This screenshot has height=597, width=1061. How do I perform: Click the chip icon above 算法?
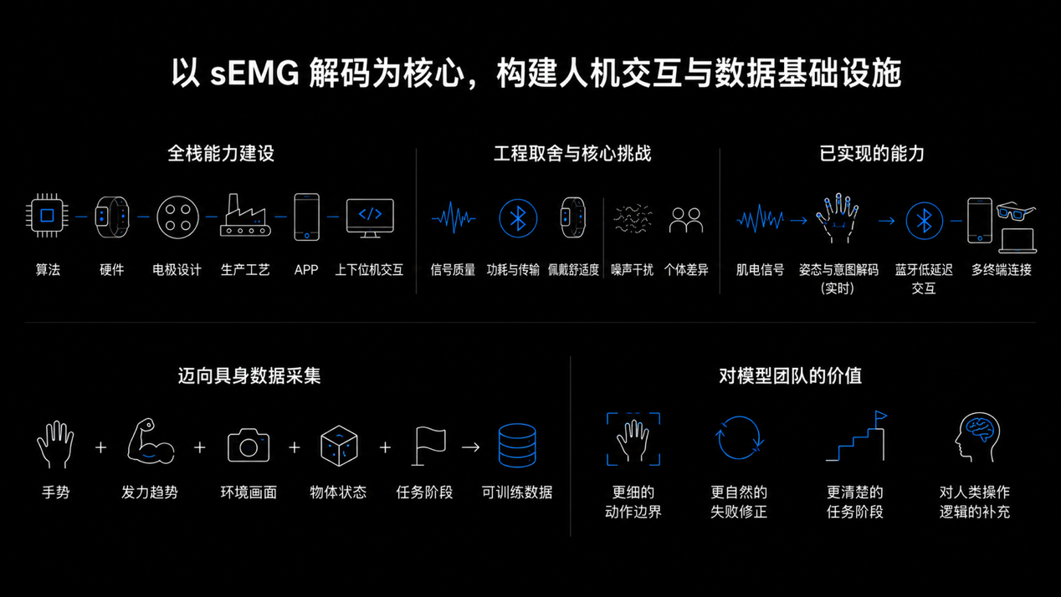pos(47,216)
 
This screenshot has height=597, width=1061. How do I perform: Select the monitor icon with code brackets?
pos(370,217)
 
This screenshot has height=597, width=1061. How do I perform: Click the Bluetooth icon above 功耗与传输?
pos(518,218)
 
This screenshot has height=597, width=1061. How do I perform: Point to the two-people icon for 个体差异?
pos(686,220)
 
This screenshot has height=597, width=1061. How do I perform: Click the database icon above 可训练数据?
pos(517,445)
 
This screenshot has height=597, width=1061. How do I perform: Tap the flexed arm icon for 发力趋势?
pos(151,441)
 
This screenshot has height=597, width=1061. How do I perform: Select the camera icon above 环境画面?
pos(249,445)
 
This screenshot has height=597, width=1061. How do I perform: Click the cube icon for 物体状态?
pos(339,446)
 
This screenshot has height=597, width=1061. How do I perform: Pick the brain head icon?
pos(976,437)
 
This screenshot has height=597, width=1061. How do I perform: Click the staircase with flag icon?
pos(856,436)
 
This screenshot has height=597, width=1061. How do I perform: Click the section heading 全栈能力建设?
pos(221,154)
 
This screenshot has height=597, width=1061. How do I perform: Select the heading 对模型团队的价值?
pos(790,376)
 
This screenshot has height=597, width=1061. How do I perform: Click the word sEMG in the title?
pos(254,74)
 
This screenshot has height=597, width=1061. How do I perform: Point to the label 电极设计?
pos(177,270)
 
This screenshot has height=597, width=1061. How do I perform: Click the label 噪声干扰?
pos(632,270)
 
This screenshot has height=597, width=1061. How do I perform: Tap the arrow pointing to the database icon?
pos(470,447)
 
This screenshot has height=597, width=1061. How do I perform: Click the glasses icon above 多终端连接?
pos(1016,211)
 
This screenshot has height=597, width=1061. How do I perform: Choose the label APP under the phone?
pos(306,270)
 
